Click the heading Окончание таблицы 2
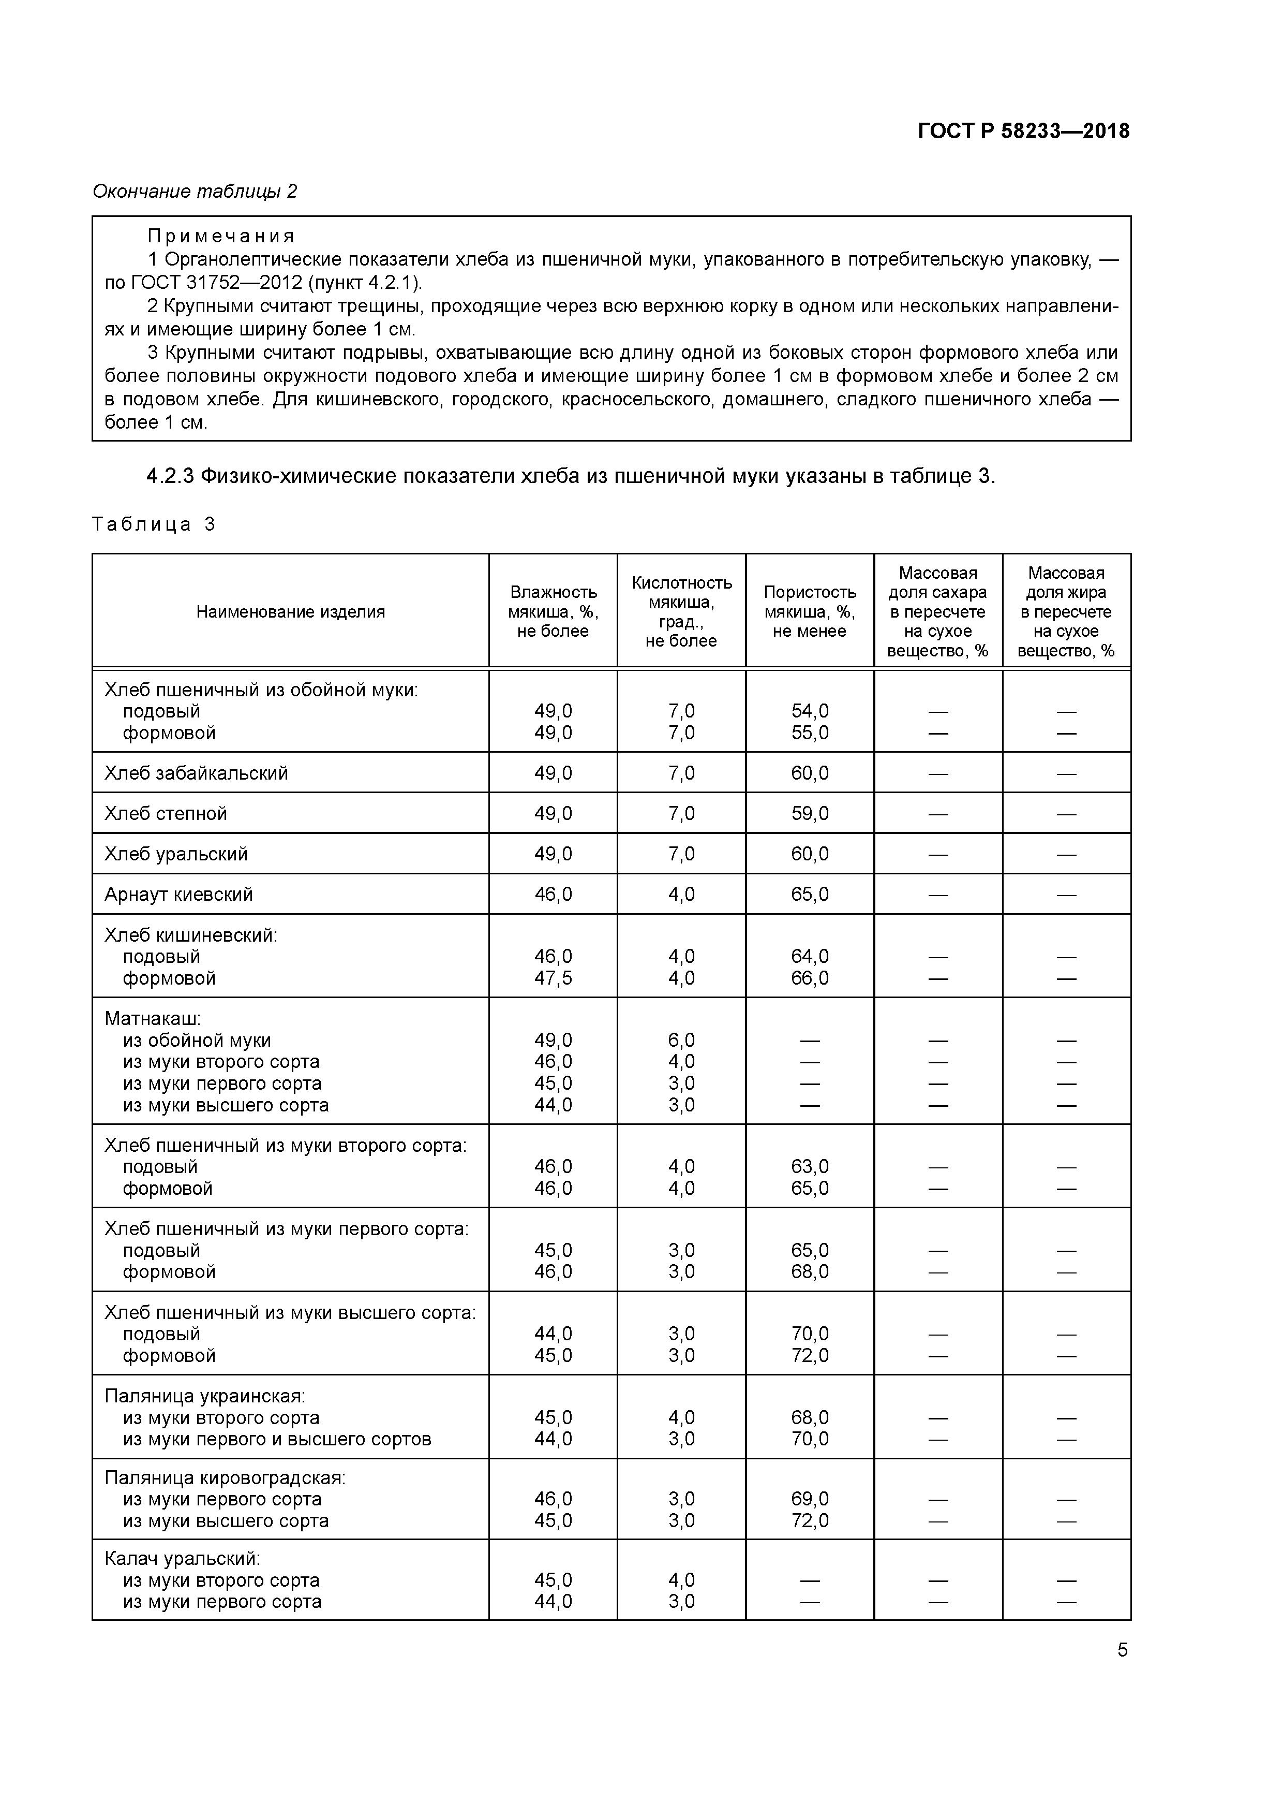coord(195,192)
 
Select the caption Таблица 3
coord(153,524)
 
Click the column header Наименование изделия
coord(290,611)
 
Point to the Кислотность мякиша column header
coord(681,611)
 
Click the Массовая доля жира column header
coord(1066,611)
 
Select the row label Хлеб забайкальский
coord(196,773)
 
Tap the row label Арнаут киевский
coord(178,895)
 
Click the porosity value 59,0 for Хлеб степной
coord(810,813)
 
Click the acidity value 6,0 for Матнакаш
coord(681,1040)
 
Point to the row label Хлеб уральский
coord(176,854)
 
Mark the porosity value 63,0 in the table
coord(810,1167)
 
